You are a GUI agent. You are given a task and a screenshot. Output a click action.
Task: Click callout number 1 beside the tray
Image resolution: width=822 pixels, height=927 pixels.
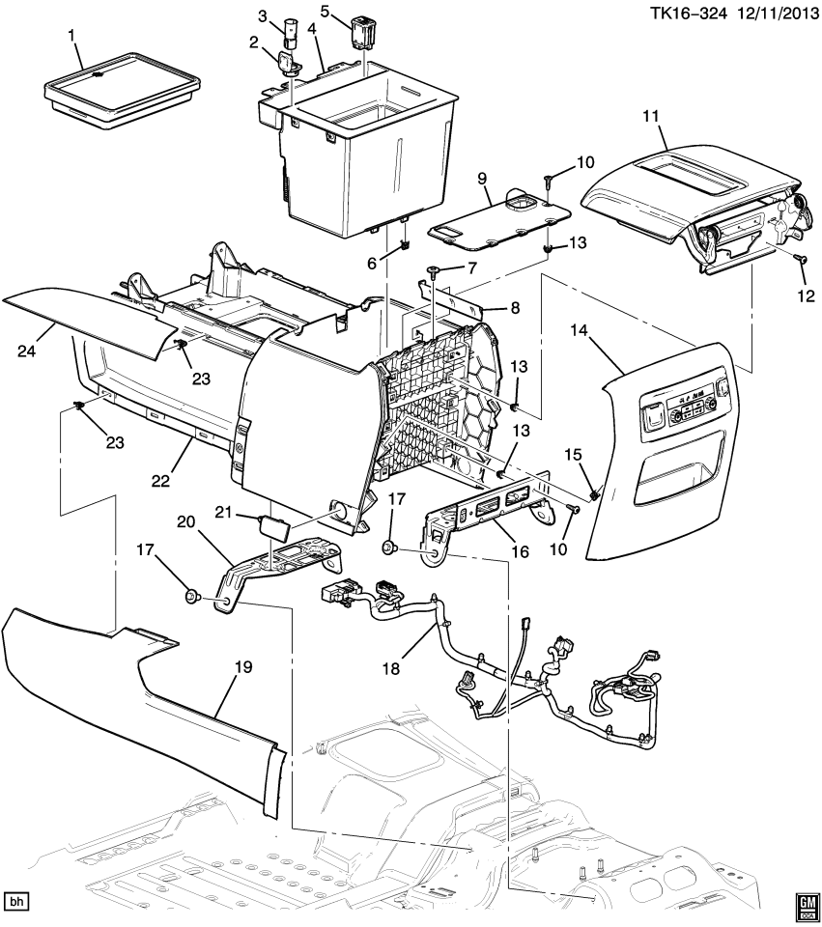(x=71, y=37)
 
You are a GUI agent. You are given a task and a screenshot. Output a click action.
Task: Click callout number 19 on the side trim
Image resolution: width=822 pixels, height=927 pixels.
(x=242, y=666)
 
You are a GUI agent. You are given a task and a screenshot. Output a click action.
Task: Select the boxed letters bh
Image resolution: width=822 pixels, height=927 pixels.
(x=16, y=901)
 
